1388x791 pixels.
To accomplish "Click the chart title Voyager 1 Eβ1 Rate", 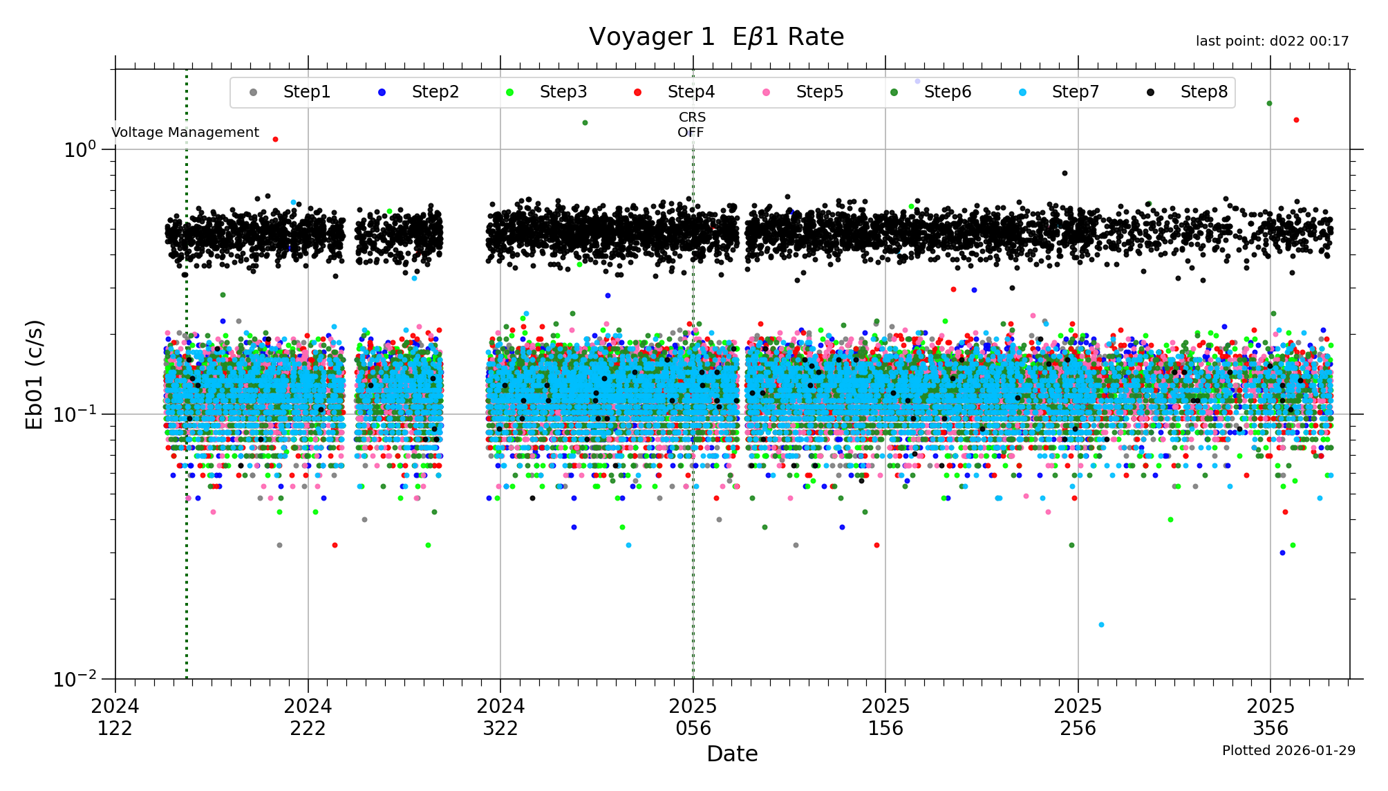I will [x=716, y=37].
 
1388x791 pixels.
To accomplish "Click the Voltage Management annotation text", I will [x=185, y=133].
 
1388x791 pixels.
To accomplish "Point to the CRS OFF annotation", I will [x=691, y=125].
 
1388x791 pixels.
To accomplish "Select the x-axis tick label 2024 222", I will [x=308, y=717].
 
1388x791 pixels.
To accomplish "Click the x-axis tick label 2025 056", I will [x=693, y=717].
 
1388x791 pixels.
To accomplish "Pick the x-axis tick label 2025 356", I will [x=1270, y=717].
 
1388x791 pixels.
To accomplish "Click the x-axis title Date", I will [x=732, y=754].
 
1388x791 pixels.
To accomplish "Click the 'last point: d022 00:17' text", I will [x=1272, y=41].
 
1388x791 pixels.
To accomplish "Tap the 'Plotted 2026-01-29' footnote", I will [x=1288, y=751].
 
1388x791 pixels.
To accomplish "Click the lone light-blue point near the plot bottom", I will [x=1101, y=625].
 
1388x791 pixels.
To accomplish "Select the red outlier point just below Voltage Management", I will [x=275, y=140].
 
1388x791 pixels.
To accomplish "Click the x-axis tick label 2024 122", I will [x=115, y=717].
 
